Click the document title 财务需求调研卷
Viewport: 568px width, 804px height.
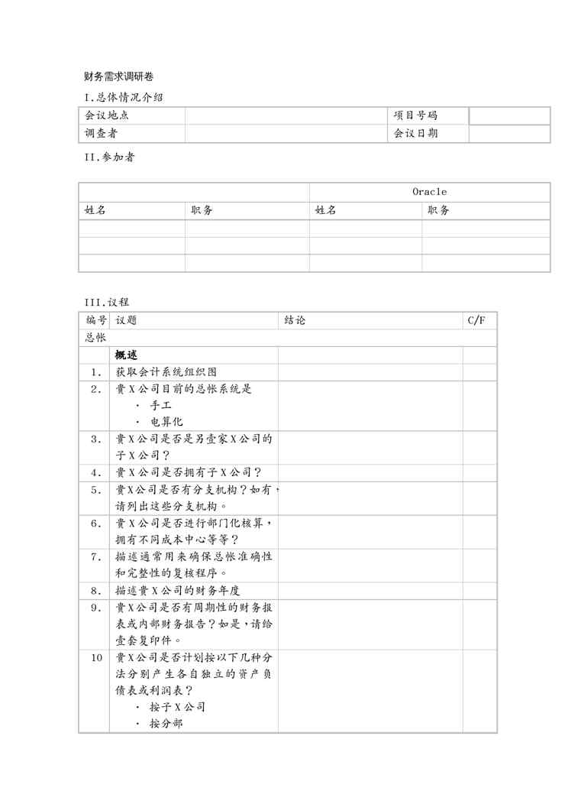[120, 77]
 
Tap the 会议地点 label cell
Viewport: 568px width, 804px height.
[106, 115]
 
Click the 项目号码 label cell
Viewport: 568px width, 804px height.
[415, 115]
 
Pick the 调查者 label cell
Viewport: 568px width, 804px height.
[101, 134]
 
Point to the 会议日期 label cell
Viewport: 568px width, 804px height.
[415, 134]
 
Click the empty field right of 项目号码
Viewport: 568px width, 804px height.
[509, 115]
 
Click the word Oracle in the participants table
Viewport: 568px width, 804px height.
[429, 192]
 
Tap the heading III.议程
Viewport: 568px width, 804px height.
[107, 302]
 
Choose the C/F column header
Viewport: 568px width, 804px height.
[476, 320]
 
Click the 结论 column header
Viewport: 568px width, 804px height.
[294, 320]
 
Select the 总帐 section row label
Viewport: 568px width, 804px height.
[95, 337]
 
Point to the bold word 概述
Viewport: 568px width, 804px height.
[126, 355]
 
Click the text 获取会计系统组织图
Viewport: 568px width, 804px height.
[166, 372]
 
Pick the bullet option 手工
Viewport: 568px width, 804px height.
[160, 405]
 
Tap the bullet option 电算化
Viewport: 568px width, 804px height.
[166, 421]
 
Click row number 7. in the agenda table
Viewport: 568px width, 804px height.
[95, 556]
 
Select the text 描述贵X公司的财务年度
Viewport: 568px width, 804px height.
[177, 590]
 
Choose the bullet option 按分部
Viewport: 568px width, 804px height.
[166, 723]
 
